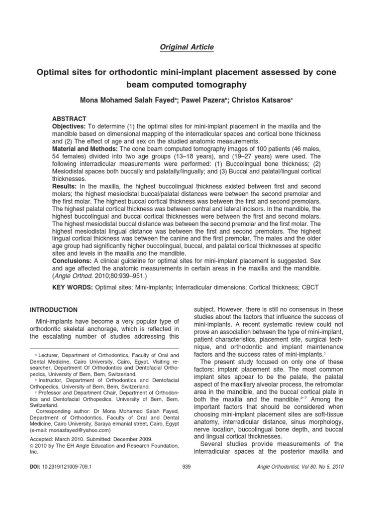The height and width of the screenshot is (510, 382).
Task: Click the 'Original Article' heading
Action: point(187,47)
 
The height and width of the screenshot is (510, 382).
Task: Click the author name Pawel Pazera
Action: point(201,100)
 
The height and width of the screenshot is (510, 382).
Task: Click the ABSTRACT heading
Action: point(69,119)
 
